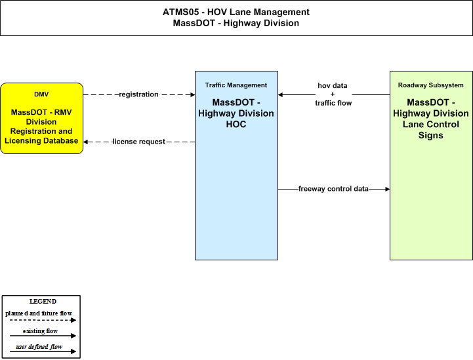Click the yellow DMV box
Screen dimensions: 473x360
click(x=41, y=118)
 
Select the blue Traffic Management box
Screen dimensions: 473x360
click(x=236, y=165)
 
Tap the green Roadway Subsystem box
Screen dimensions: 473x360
click(x=431, y=165)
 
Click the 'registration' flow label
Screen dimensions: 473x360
click(x=139, y=94)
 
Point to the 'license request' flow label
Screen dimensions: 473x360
click(x=139, y=142)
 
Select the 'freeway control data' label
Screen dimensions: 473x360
click(x=333, y=189)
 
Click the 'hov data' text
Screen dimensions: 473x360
click(x=333, y=86)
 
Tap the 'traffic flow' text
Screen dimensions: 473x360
click(x=333, y=103)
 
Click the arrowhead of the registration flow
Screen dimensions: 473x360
click(x=193, y=94)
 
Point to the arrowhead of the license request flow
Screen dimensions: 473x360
click(x=86, y=142)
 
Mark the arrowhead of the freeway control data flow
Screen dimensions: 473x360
click(x=387, y=189)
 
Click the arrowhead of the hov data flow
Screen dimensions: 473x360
click(x=281, y=94)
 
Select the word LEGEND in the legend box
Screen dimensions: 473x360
click(x=43, y=302)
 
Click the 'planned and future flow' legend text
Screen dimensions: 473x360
click(x=39, y=313)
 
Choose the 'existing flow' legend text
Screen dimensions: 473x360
click(x=40, y=331)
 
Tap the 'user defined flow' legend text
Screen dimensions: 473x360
click(x=39, y=347)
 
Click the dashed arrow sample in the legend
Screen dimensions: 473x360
click(x=43, y=320)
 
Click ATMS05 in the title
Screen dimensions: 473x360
click(x=180, y=12)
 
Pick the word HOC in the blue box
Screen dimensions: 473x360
click(x=236, y=124)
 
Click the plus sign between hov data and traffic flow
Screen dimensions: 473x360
click(x=333, y=94)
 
